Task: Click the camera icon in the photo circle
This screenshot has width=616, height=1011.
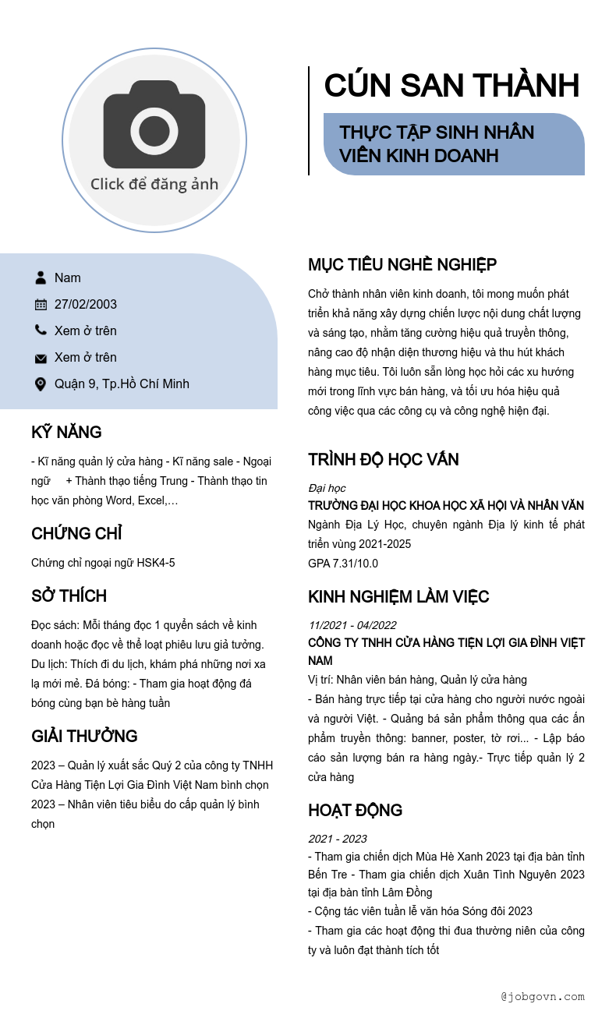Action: (154, 125)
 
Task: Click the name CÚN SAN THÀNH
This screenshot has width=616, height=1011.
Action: (451, 86)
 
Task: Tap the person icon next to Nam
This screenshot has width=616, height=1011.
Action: (41, 277)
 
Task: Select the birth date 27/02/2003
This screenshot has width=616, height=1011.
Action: (86, 304)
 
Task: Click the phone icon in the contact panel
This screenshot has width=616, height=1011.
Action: (41, 331)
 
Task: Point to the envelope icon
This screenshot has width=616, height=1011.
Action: (41, 358)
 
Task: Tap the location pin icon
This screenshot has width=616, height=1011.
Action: (41, 384)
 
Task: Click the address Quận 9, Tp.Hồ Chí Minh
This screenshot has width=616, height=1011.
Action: (122, 384)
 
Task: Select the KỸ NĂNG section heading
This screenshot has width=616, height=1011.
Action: (66, 433)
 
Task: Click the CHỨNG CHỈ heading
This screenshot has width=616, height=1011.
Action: (76, 534)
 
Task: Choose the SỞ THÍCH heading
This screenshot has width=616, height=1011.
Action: (69, 596)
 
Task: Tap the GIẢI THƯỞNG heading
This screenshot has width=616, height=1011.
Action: (84, 737)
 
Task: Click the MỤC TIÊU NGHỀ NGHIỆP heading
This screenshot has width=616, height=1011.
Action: (402, 265)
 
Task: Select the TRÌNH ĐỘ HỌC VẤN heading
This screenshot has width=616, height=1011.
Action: (384, 460)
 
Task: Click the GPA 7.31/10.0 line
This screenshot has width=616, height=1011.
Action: (343, 564)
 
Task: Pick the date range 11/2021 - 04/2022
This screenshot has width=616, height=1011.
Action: (352, 625)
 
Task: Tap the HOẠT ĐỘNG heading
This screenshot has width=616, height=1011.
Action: (355, 811)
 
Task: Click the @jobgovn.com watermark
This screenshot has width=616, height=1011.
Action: (543, 996)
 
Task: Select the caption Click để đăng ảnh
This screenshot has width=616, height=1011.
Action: (154, 184)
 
